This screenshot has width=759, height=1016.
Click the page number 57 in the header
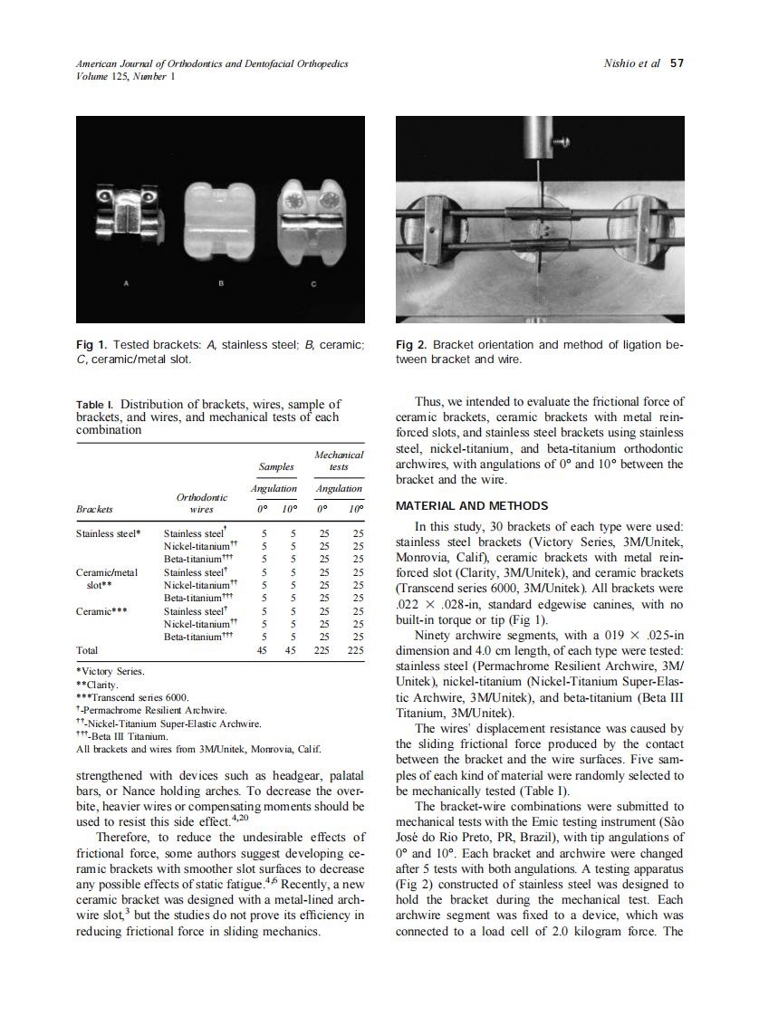coord(676,63)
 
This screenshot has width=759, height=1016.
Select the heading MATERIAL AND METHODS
coord(472,505)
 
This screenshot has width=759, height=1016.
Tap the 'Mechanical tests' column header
coord(339,460)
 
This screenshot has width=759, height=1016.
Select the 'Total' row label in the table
coord(87,650)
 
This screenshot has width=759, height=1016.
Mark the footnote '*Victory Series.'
coord(110,671)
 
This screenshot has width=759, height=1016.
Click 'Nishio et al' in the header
coord(631,63)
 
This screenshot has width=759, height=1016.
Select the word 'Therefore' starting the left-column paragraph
coord(125,837)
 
